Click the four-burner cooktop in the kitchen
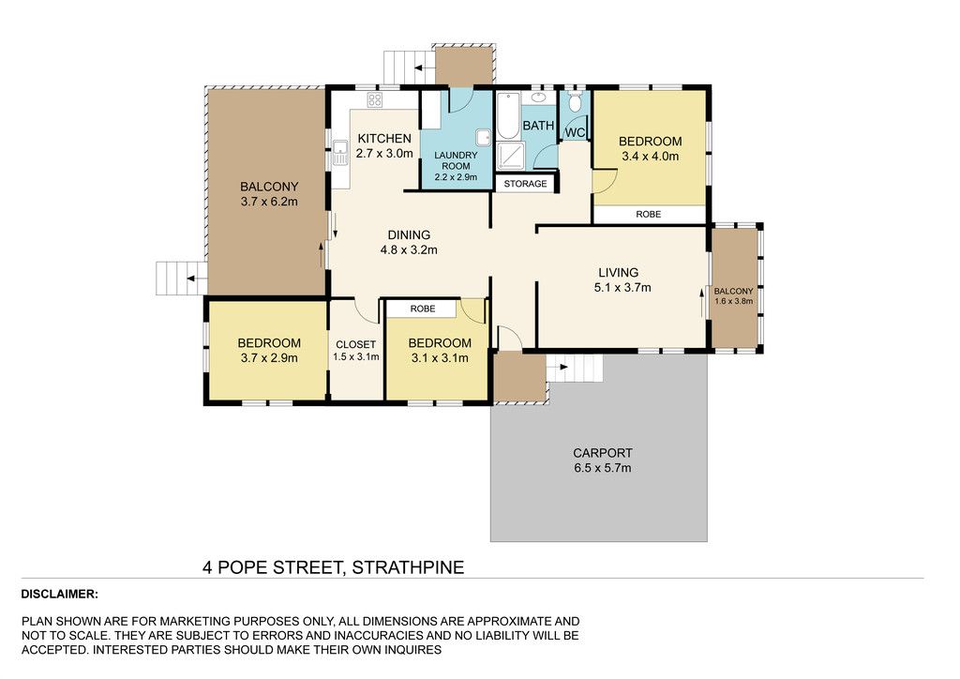[375, 99]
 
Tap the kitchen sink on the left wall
[339, 154]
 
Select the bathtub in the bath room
[507, 115]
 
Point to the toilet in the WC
[575, 101]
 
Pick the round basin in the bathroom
[539, 98]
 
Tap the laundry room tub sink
[484, 139]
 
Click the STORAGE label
[525, 184]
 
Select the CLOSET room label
[355, 345]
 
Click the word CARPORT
[603, 453]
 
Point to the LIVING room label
[619, 273]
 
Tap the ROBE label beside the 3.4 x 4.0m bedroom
[649, 214]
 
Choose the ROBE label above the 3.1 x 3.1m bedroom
[423, 309]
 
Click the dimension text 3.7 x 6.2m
[269, 202]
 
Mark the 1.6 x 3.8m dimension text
[733, 301]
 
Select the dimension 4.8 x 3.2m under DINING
[409, 249]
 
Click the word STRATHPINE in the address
[409, 567]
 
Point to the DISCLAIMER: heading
[59, 594]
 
